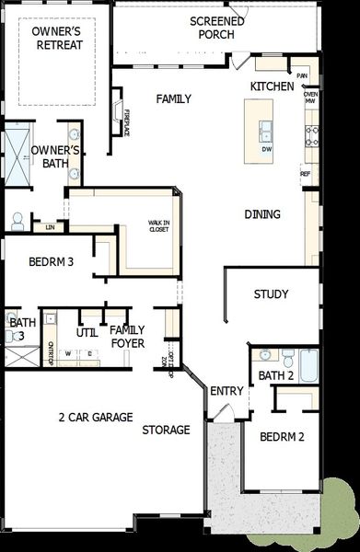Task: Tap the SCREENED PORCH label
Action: click(x=217, y=28)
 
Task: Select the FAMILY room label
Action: click(x=173, y=98)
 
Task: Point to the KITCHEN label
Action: click(x=273, y=86)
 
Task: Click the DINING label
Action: click(x=262, y=214)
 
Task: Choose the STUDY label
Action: click(x=272, y=294)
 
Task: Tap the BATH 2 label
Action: click(x=275, y=375)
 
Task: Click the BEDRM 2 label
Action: click(x=281, y=437)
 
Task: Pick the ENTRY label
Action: click(x=226, y=391)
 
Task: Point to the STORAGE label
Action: click(x=166, y=430)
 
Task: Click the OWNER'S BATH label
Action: click(x=55, y=157)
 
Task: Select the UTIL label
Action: click(x=87, y=332)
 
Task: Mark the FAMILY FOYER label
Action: click(x=127, y=336)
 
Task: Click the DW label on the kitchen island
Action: click(x=266, y=149)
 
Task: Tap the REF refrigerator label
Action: click(x=306, y=172)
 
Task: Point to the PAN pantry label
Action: click(x=301, y=75)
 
